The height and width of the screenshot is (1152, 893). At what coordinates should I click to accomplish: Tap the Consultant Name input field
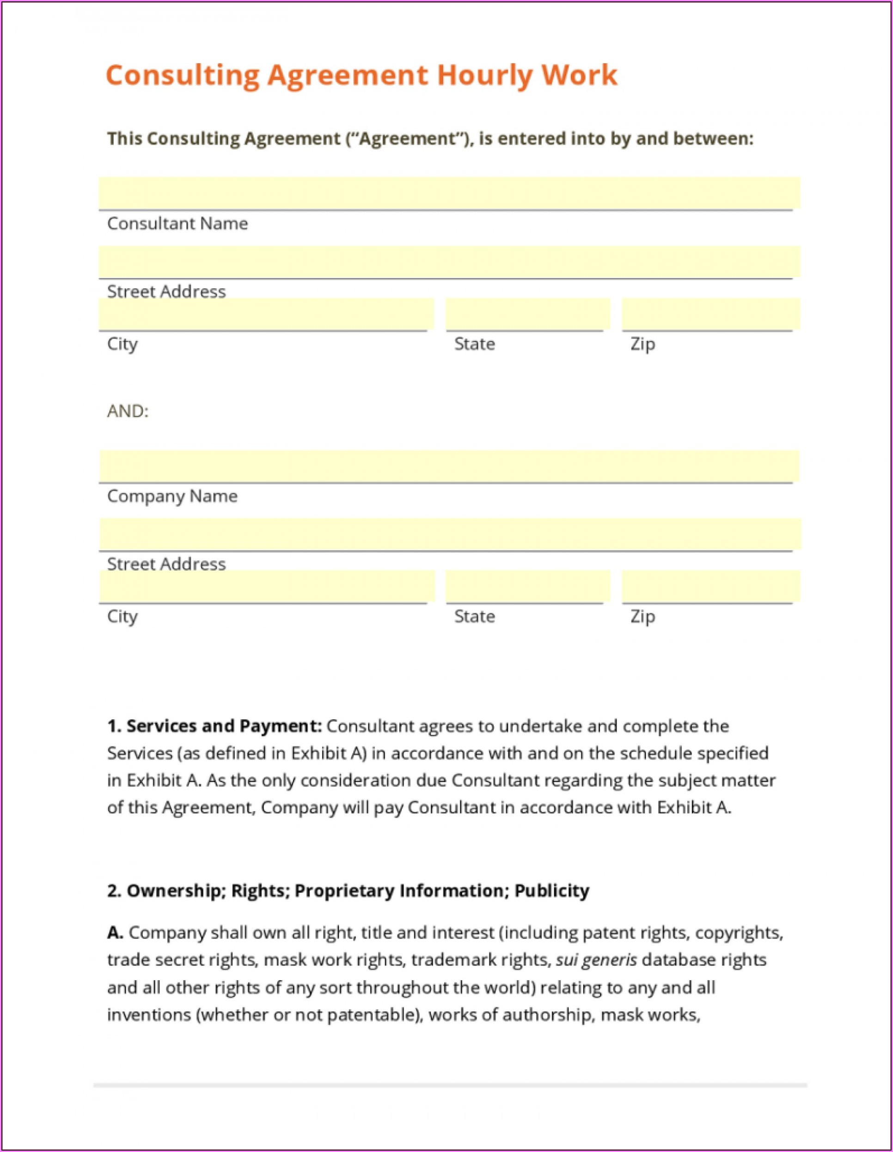tap(449, 193)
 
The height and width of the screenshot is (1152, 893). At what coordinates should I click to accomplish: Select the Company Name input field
tap(449, 466)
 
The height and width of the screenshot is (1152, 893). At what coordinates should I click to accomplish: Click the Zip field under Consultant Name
tap(710, 315)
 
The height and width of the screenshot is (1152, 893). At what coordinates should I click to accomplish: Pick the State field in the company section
tap(527, 587)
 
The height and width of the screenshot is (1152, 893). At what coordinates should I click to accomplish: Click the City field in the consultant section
tap(265, 315)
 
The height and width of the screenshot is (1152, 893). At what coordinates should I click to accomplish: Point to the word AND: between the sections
tap(128, 411)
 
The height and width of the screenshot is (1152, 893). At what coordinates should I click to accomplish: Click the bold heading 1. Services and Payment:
tap(214, 726)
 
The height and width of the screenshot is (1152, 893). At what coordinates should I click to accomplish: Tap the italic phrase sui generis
tap(596, 960)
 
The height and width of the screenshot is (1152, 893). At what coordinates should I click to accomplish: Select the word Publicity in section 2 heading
tap(551, 891)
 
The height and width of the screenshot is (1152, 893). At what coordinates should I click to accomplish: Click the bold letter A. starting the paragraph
tap(115, 933)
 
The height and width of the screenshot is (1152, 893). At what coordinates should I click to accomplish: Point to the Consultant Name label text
tap(177, 224)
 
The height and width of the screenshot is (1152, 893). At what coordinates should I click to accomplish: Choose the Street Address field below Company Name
tap(449, 534)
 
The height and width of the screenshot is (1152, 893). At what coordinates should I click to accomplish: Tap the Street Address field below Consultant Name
tap(449, 261)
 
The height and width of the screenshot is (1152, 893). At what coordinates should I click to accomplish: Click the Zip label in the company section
tap(642, 616)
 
